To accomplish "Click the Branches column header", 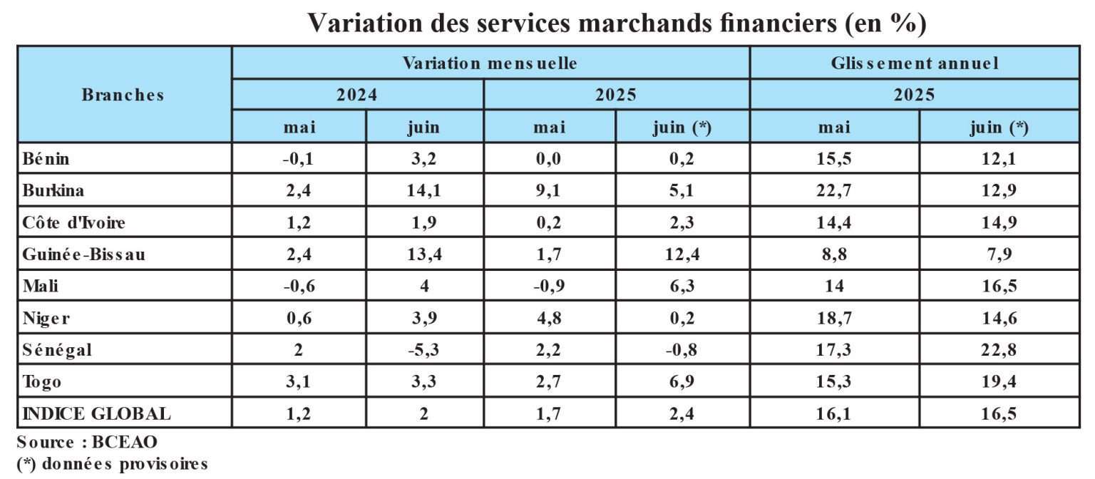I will click(123, 95).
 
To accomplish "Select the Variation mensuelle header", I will click(490, 63).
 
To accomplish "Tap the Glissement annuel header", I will click(915, 63).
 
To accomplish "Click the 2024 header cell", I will click(357, 95).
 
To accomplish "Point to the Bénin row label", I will click(46, 159).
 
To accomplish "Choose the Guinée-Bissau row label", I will click(83, 254).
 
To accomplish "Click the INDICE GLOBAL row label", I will click(97, 413).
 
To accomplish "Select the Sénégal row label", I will click(58, 350).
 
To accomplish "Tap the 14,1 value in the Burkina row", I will click(424, 191).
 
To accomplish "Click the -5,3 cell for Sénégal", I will click(424, 350).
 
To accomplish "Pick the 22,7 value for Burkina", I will click(834, 191).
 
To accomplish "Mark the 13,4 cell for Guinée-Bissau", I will click(424, 254).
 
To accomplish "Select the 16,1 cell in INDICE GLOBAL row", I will click(834, 413).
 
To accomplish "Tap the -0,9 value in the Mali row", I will click(549, 287).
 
